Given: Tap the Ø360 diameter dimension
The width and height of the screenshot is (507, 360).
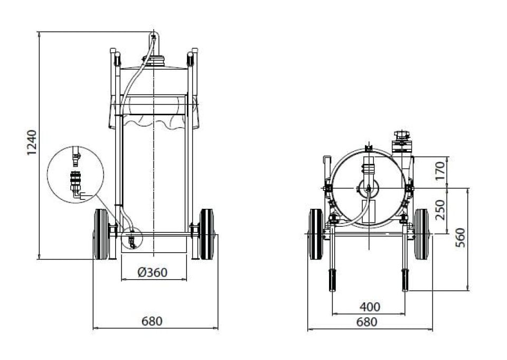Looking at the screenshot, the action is pyautogui.click(x=152, y=272).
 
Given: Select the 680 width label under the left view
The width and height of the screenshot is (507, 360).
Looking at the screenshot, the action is pyautogui.click(x=152, y=321).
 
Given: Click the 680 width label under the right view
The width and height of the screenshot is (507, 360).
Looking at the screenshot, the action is pyautogui.click(x=367, y=322).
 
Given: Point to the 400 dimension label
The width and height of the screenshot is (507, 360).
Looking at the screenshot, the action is pyautogui.click(x=370, y=307).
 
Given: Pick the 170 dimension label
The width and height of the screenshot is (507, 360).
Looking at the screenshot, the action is pyautogui.click(x=440, y=171).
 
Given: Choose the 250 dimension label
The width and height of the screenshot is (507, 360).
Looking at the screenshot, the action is pyautogui.click(x=440, y=210).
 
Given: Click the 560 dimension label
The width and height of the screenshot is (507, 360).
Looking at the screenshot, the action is pyautogui.click(x=460, y=238).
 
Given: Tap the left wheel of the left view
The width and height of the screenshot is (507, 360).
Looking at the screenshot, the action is pyautogui.click(x=101, y=234).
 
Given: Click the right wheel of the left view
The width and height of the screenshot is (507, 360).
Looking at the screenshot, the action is pyautogui.click(x=207, y=234).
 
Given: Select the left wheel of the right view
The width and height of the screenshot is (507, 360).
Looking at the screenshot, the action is pyautogui.click(x=316, y=234).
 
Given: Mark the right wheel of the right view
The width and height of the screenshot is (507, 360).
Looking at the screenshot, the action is pyautogui.click(x=421, y=234).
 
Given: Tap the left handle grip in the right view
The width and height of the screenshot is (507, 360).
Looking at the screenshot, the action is pyautogui.click(x=332, y=280).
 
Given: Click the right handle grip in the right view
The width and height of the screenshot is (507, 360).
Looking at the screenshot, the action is pyautogui.click(x=405, y=280).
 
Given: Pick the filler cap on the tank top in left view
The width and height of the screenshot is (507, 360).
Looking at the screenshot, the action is pyautogui.click(x=154, y=61).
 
